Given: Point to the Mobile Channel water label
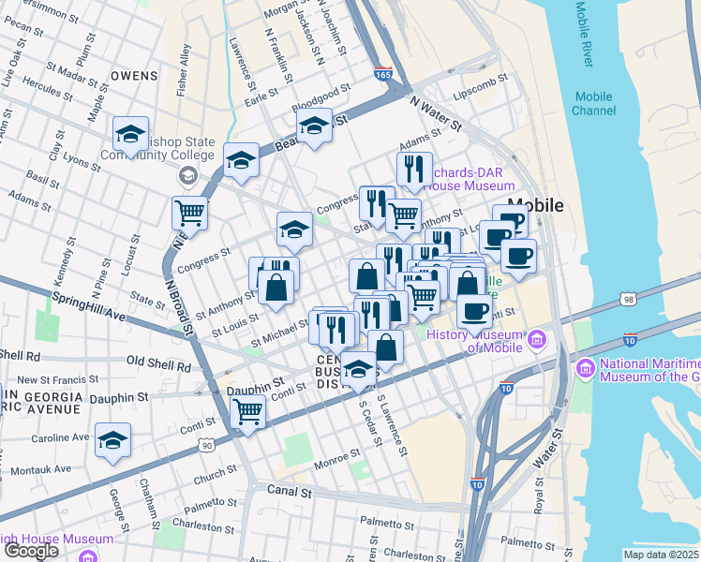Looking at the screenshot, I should pyautogui.click(x=594, y=103).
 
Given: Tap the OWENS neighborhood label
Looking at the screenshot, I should pyautogui.click(x=133, y=74).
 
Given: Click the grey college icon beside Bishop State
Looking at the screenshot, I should pyautogui.click(x=188, y=175).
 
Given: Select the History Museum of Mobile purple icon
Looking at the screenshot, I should pyautogui.click(x=538, y=338).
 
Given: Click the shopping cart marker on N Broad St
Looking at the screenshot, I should pyautogui.click(x=189, y=214).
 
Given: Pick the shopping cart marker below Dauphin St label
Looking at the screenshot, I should pyautogui.click(x=248, y=410).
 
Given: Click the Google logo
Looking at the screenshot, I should pyautogui.click(x=30, y=551).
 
